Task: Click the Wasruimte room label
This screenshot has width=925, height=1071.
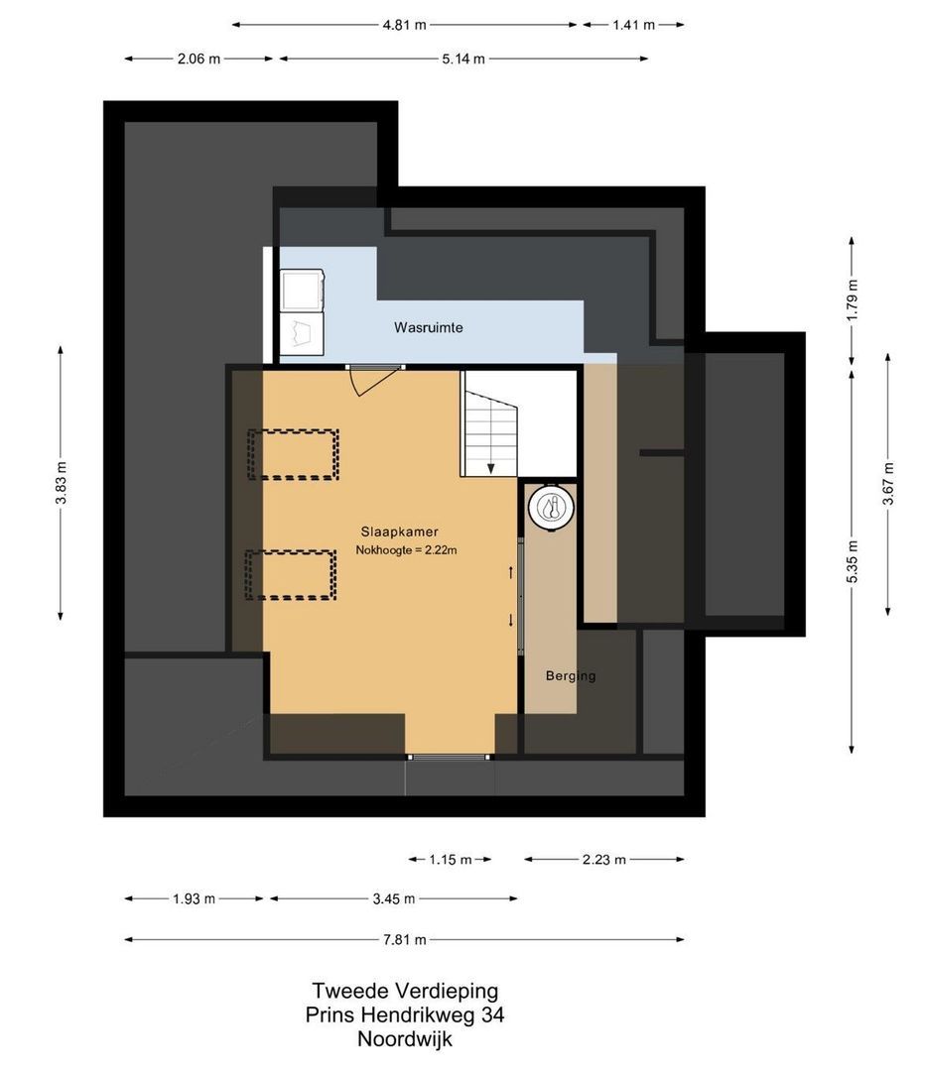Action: [429, 328]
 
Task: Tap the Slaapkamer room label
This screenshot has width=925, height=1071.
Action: [400, 532]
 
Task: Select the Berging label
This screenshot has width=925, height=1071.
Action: [571, 676]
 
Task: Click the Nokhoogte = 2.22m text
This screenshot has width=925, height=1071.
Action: [406, 549]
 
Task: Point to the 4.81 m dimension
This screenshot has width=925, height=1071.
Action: [404, 25]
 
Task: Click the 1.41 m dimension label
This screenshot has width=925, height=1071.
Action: [634, 25]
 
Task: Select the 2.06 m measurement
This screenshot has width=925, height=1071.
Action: [198, 59]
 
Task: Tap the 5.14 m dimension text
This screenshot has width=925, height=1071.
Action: [463, 59]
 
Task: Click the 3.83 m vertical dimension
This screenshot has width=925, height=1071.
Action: [61, 483]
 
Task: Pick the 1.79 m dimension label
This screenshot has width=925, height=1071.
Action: [852, 300]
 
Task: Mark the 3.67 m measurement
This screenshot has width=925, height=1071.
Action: [888, 484]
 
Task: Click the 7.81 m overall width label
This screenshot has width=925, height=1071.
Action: [405, 940]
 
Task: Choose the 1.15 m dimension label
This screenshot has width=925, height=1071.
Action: [451, 859]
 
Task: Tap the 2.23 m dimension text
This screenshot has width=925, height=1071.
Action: [604, 859]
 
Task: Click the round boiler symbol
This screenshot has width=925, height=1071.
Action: [551, 508]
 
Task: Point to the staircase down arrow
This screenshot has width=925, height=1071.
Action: [491, 468]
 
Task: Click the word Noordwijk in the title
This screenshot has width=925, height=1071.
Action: [405, 1039]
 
